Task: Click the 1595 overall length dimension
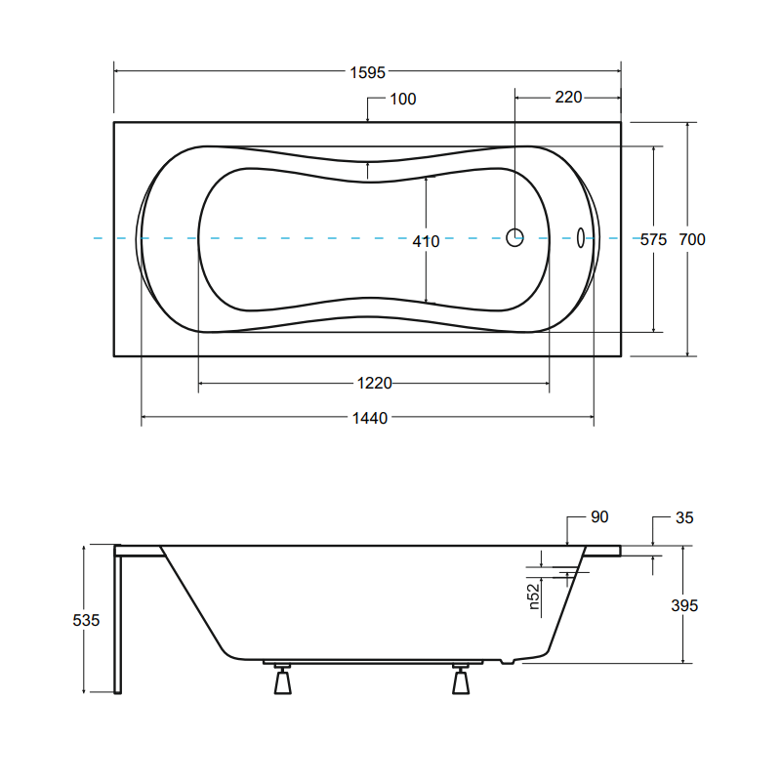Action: click(368, 72)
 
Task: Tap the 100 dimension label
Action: click(403, 100)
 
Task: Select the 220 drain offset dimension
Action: click(568, 97)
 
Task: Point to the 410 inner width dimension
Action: click(426, 241)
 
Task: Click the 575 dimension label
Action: click(653, 240)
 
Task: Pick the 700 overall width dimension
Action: click(692, 239)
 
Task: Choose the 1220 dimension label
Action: click(375, 383)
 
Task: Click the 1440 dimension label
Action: click(370, 418)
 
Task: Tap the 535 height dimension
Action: click(86, 620)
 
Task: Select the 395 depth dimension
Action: click(684, 605)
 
